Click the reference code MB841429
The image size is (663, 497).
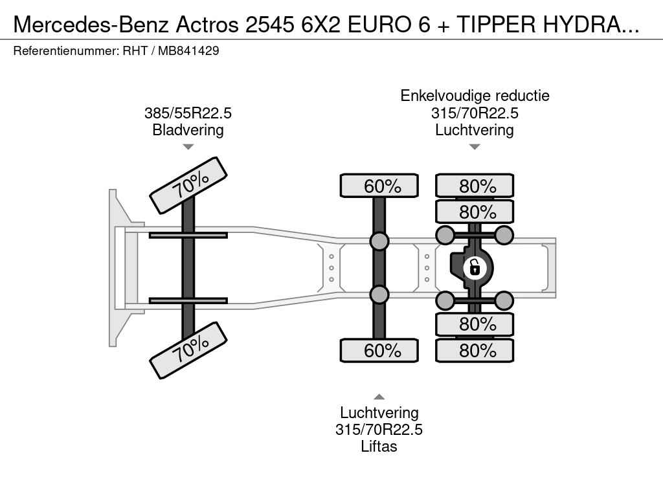(188, 50)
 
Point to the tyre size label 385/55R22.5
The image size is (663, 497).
(188, 113)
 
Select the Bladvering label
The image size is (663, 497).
(188, 130)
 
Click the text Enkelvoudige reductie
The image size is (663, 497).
(475, 96)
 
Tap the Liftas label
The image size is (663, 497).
(379, 447)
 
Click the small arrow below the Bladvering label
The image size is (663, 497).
(188, 147)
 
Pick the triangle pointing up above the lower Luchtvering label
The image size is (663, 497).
(379, 397)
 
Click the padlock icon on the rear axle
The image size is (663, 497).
(475, 267)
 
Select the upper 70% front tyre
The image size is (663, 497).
(189, 186)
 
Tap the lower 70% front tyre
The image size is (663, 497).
(189, 349)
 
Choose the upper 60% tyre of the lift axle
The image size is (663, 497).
(379, 186)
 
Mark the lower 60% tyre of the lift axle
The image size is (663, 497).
(379, 351)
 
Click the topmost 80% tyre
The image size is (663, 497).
(475, 186)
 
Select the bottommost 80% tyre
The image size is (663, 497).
(475, 351)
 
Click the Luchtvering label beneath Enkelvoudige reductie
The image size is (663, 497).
(475, 130)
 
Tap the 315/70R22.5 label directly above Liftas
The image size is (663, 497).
(379, 430)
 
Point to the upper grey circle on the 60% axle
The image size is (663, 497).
(379, 241)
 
